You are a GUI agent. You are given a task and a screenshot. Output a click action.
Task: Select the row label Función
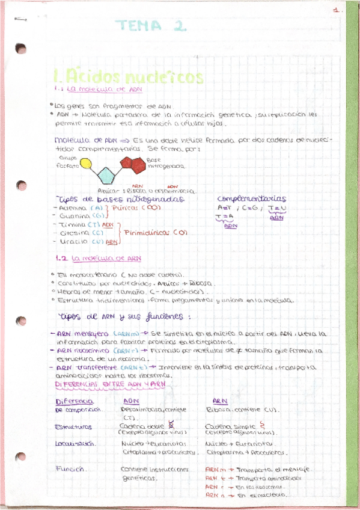pyautogui.click(x=70, y=469)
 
